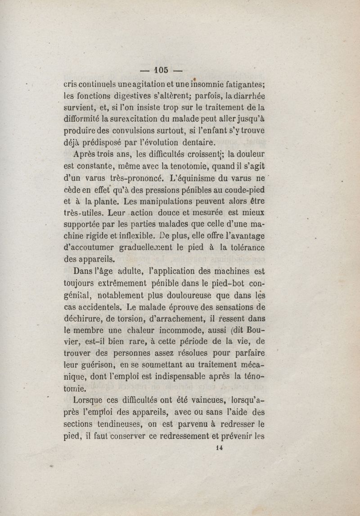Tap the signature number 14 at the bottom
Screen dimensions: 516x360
pyautogui.click(x=220, y=448)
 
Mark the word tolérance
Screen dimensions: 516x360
pyautogui.click(x=243, y=247)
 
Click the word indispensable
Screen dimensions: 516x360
pyautogui.click(x=210, y=376)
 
